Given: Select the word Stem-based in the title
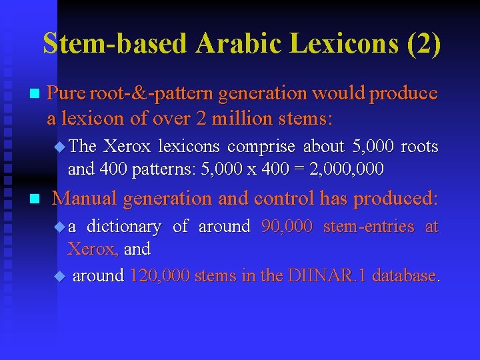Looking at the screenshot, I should coord(116,44).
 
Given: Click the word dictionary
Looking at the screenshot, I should coord(123,227).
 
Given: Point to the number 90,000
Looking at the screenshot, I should coord(287,227).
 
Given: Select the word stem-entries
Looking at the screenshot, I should coord(369,227).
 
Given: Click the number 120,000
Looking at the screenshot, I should coord(159,275).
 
